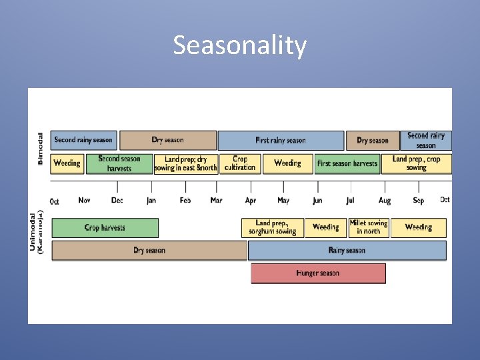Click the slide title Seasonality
[240, 45]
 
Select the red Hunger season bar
[318, 273]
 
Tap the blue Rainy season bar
[347, 251]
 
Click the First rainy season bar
[281, 141]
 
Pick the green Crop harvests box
[105, 228]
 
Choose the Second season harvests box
[119, 163]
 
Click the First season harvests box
[347, 163]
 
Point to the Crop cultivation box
[240, 163]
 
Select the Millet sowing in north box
[368, 227]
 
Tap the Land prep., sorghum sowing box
[272, 227]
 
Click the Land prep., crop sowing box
[416, 163]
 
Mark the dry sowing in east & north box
[185, 163]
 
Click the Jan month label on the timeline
[151, 201]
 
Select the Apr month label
[251, 201]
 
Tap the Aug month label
[385, 201]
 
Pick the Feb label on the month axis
[185, 201]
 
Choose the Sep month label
[418, 201]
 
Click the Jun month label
[317, 201]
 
